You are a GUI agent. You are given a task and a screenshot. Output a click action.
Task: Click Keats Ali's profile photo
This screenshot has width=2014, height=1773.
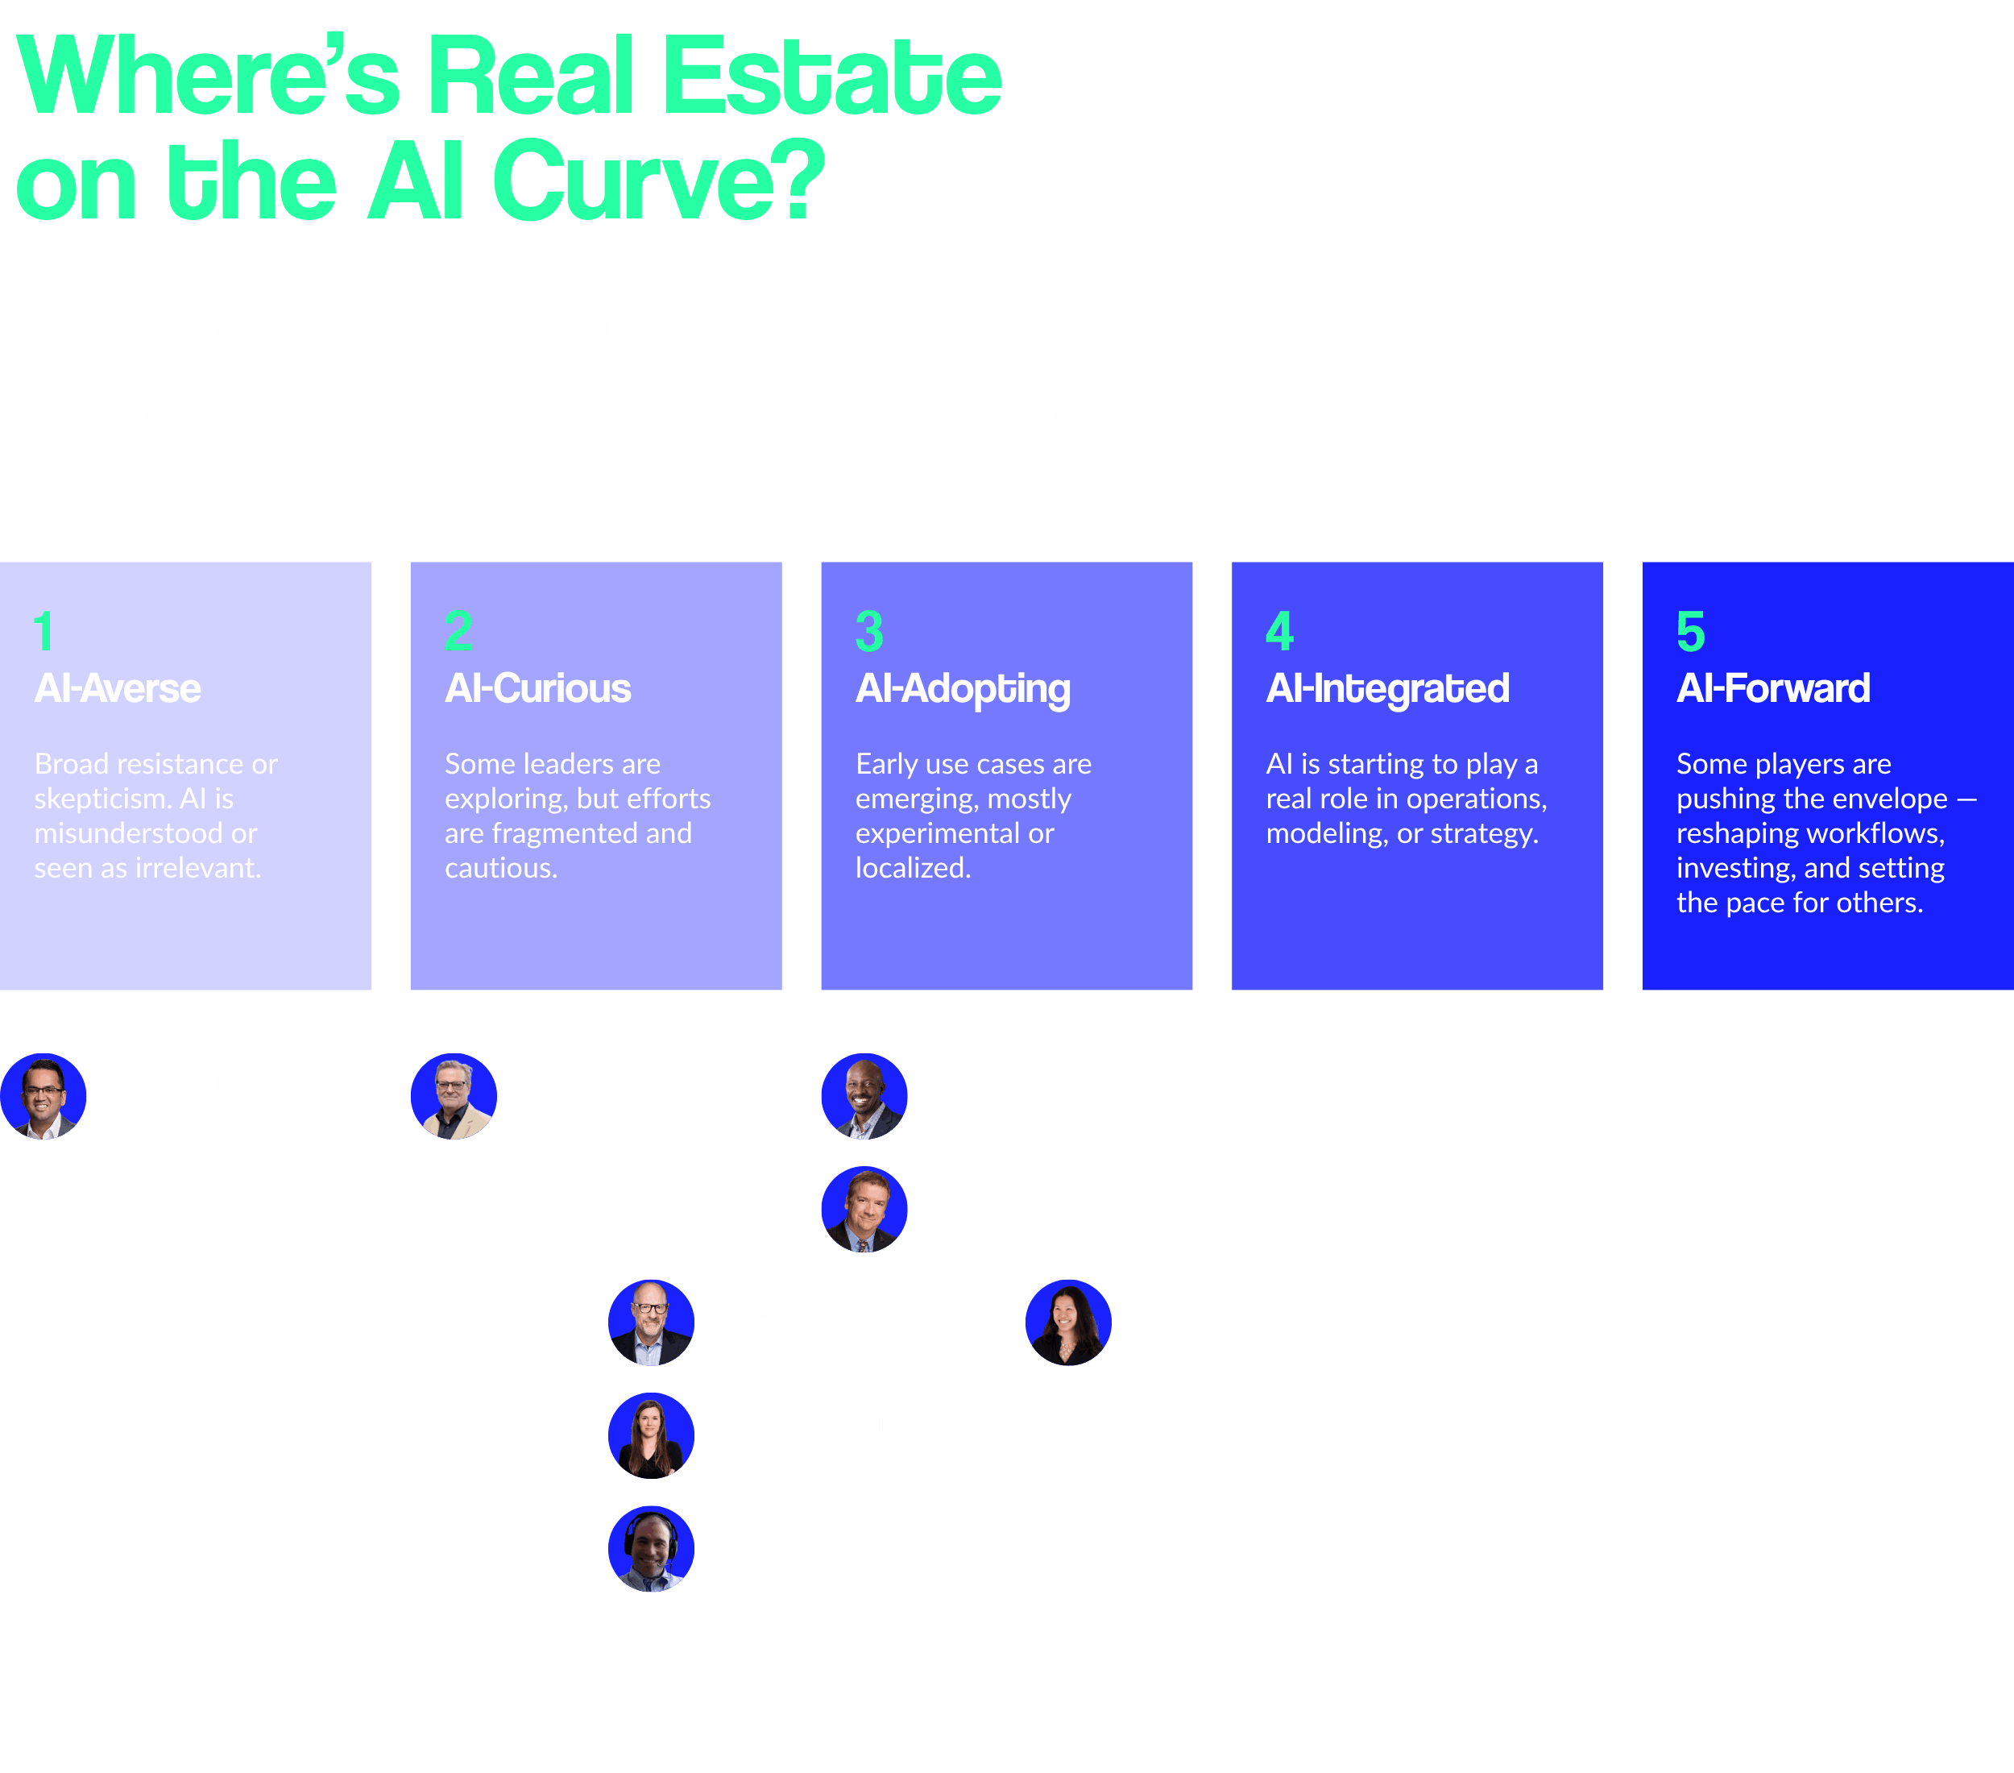44,1096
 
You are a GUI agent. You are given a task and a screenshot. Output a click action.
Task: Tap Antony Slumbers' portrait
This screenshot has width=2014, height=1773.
454,1096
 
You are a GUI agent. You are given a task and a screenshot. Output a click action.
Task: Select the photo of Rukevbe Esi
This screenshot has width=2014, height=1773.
864,1096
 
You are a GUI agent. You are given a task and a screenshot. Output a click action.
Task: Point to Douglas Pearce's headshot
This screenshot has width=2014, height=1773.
864,1210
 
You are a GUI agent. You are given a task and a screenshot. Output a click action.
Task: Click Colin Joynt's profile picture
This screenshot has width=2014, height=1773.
650,1322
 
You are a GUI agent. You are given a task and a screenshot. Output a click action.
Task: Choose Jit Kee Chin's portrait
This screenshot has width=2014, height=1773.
1068,1322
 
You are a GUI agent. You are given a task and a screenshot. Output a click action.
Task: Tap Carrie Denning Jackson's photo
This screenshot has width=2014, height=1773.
650,1436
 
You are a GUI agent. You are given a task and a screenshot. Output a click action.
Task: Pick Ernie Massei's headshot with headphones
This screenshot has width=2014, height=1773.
650,1549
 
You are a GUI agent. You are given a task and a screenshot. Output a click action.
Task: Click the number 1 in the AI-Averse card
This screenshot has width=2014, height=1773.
44,632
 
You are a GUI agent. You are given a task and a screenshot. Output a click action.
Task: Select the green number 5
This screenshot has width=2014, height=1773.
1690,632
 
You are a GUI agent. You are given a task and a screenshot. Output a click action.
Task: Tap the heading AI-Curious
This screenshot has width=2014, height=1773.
537,688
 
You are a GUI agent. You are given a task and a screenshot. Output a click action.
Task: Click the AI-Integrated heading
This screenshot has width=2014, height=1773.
1386,688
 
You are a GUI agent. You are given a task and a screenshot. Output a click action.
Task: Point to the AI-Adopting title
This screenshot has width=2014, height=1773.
962,689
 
